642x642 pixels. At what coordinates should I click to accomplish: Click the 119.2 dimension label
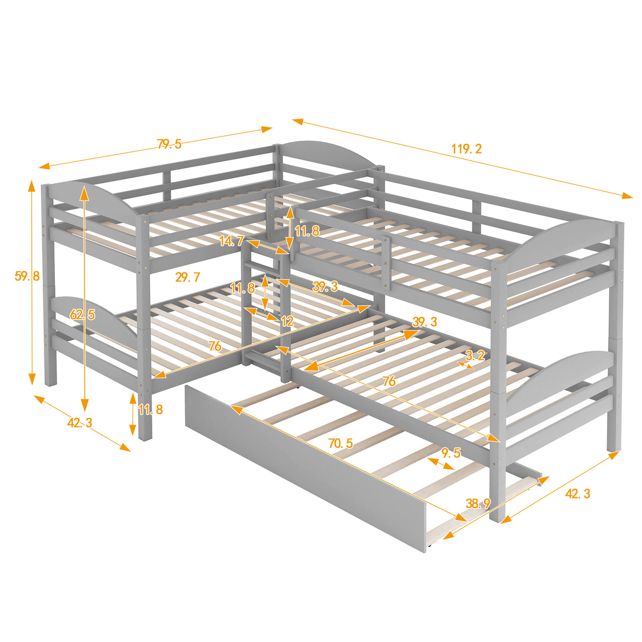click(x=466, y=149)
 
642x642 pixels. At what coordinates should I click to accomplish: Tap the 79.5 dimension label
click(x=169, y=144)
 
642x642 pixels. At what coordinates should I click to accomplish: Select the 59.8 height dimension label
click(x=27, y=276)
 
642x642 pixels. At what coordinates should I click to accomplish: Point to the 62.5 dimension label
click(x=82, y=315)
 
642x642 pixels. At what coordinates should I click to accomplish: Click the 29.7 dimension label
click(x=188, y=277)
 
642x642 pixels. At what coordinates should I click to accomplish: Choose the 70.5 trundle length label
click(x=341, y=443)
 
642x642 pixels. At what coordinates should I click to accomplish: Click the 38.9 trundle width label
click(x=478, y=504)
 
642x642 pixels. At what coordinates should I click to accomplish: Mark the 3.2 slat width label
click(x=475, y=355)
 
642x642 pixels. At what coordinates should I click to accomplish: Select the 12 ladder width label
click(x=287, y=321)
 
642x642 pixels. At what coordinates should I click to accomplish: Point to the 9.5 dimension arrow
click(x=441, y=464)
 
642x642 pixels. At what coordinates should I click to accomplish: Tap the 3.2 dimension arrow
click(x=466, y=364)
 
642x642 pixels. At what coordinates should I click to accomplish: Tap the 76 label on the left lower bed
click(x=215, y=346)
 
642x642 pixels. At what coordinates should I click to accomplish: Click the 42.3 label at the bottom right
click(x=577, y=493)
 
